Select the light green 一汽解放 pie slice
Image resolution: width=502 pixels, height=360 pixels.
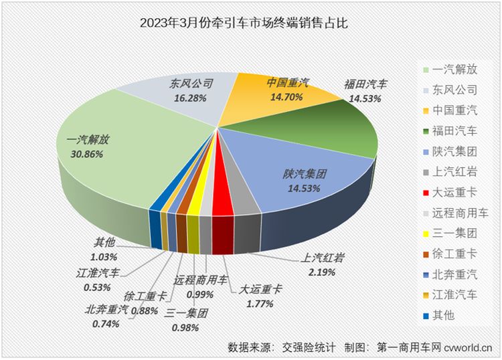(x=127, y=154)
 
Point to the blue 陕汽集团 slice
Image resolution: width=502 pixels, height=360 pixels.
(x=295, y=174)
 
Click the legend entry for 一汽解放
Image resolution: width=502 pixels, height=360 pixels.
(x=452, y=68)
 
